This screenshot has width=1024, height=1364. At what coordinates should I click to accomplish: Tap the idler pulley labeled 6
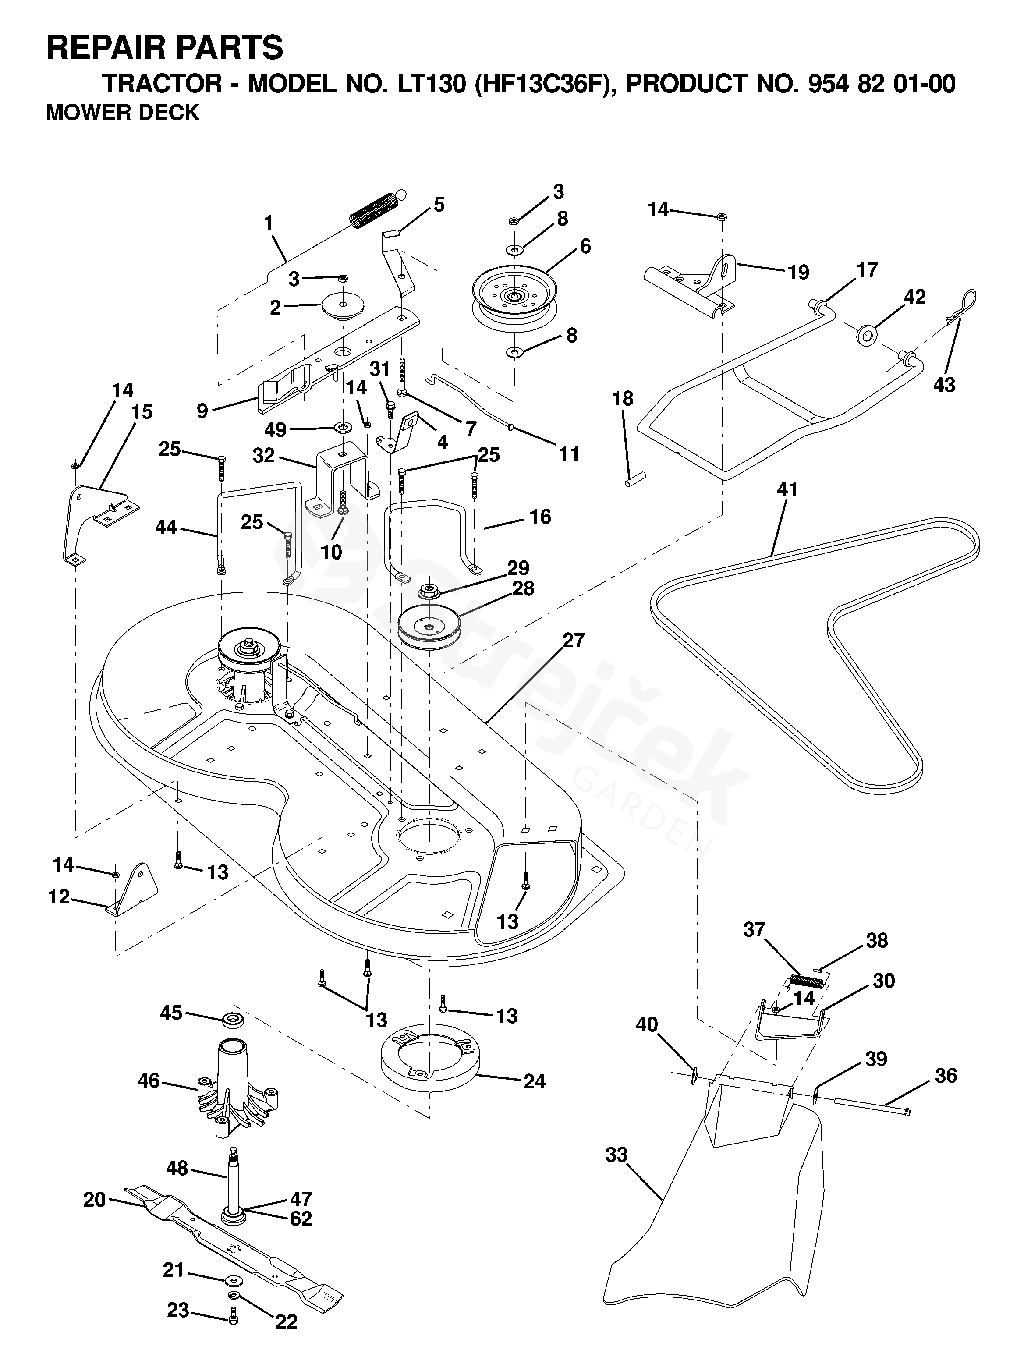(x=514, y=295)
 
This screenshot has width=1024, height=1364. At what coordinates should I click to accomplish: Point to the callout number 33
(x=617, y=1155)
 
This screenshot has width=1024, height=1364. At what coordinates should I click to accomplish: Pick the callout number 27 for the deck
(x=573, y=640)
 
